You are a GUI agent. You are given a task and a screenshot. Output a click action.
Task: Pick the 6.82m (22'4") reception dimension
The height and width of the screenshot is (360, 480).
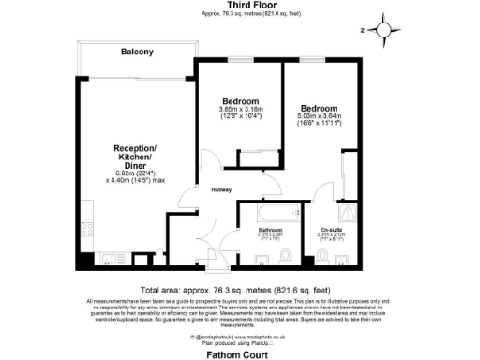coord(135,174)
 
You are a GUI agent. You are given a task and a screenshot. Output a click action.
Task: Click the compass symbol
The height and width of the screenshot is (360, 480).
coord(383,29)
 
